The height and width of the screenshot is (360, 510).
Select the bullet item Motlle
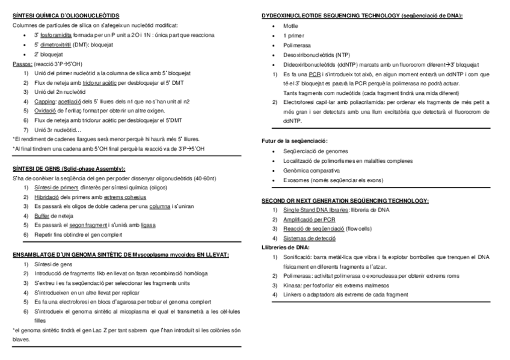[x=290, y=26]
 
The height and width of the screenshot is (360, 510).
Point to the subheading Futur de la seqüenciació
[x=294, y=141]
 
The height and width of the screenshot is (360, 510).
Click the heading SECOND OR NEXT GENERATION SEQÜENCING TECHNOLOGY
[x=345, y=200]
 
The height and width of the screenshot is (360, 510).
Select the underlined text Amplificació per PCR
[x=306, y=219]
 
